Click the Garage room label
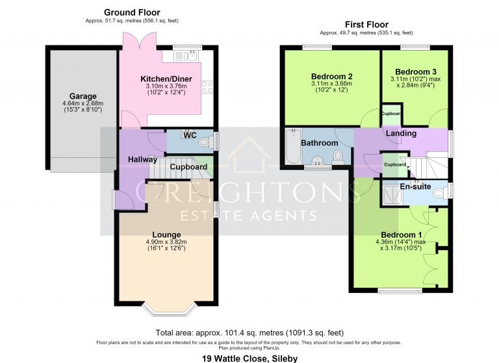pyautogui.click(x=83, y=96)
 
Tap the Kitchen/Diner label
pyautogui.click(x=166, y=79)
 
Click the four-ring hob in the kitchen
pyautogui.click(x=207, y=87)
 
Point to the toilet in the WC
pyautogui.click(x=205, y=142)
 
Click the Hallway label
pyautogui.click(x=142, y=159)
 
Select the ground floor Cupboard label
pyautogui.click(x=188, y=167)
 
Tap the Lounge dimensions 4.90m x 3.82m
pyautogui.click(x=166, y=242)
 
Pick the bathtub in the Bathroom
pyautogui.click(x=293, y=146)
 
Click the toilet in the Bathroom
pyautogui.click(x=338, y=157)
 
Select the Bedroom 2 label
pyautogui.click(x=331, y=77)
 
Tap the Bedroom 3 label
pyautogui.click(x=416, y=71)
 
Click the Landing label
pyautogui.click(x=401, y=133)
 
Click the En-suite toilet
pyautogui.click(x=441, y=192)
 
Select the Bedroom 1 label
pyautogui.click(x=401, y=235)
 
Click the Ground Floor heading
pyautogui.click(x=132, y=12)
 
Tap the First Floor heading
pyautogui.click(x=366, y=25)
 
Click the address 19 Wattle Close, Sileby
pyautogui.click(x=249, y=358)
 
